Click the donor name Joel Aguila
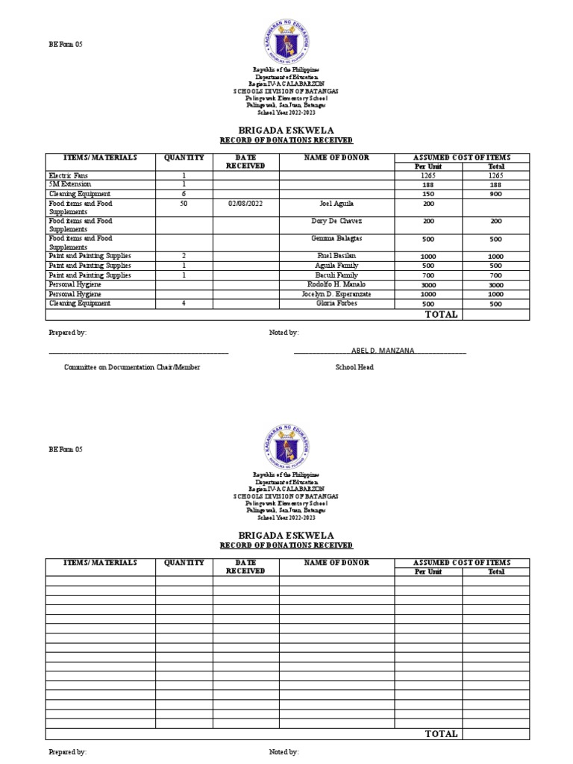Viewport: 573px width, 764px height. pos(336,203)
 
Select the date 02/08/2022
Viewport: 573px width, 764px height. pos(245,203)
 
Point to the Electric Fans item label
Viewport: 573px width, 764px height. pos(69,175)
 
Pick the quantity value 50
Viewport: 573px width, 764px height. pos(184,203)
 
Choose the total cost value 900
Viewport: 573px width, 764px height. pos(496,194)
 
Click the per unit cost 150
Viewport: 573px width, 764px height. pos(428,194)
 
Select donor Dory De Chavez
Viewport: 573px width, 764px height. pos(336,221)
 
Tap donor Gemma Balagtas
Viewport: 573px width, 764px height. pos(336,238)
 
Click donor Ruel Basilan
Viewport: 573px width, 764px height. pos(336,256)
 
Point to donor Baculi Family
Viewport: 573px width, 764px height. pos(336,275)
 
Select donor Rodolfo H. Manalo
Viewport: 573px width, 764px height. pos(336,284)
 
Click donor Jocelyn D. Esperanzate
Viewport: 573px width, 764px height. pos(336,294)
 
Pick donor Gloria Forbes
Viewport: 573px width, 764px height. pos(336,303)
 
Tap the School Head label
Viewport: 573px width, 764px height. pos(354,367)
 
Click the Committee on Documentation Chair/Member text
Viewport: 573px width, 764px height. pos(132,367)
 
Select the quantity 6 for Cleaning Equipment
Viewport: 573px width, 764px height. pos(184,193)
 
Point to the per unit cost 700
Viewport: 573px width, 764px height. pos(428,275)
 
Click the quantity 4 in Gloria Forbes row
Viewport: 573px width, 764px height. pos(184,303)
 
